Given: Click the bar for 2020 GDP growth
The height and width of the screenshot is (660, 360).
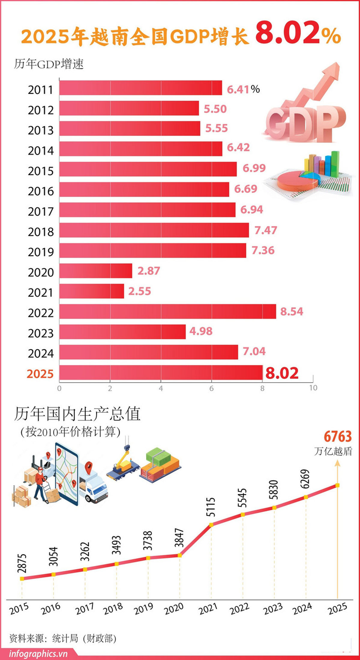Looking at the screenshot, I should pyautogui.click(x=96, y=271).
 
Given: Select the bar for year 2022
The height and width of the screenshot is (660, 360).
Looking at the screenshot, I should pyautogui.click(x=167, y=312).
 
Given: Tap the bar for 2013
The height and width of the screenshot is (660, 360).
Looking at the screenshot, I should pyautogui.click(x=130, y=128).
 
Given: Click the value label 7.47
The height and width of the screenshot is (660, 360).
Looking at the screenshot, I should pyautogui.click(x=266, y=230).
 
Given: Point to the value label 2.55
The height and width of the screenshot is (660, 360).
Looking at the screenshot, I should pyautogui.click(x=139, y=291).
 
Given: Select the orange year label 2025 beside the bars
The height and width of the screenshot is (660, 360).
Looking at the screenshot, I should pyautogui.click(x=40, y=374).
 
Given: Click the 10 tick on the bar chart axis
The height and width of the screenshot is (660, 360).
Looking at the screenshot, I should pyautogui.click(x=313, y=388).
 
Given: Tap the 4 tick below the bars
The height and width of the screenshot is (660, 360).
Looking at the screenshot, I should pyautogui.click(x=161, y=388).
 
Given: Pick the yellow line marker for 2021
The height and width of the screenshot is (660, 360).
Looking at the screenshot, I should pyautogui.click(x=211, y=525).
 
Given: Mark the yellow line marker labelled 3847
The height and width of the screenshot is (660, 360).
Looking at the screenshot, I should pyautogui.click(x=179, y=556).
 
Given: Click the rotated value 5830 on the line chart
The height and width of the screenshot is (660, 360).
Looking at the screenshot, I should pyautogui.click(x=274, y=490).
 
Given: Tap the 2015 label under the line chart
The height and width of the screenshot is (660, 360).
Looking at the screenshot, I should pyautogui.click(x=19, y=609).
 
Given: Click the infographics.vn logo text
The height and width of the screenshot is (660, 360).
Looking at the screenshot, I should pyautogui.click(x=38, y=654).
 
